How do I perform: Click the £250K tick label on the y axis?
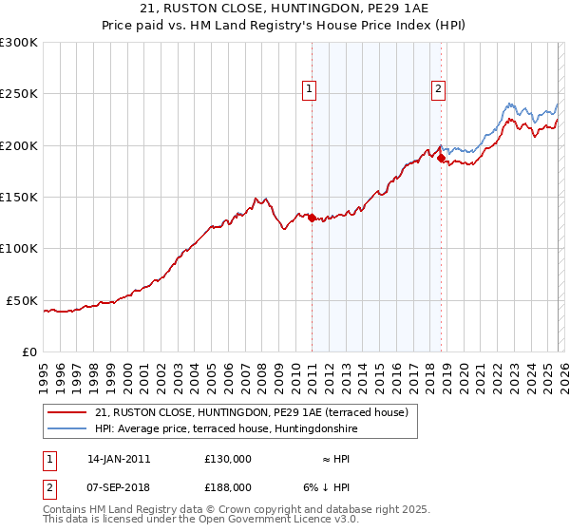click(x=19, y=94)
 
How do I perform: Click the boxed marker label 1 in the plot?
click(x=311, y=89)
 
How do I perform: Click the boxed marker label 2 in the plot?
click(x=439, y=89)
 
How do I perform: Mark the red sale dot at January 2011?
click(x=312, y=218)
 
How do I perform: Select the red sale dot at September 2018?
click(x=441, y=159)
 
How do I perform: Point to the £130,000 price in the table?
click(x=228, y=459)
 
